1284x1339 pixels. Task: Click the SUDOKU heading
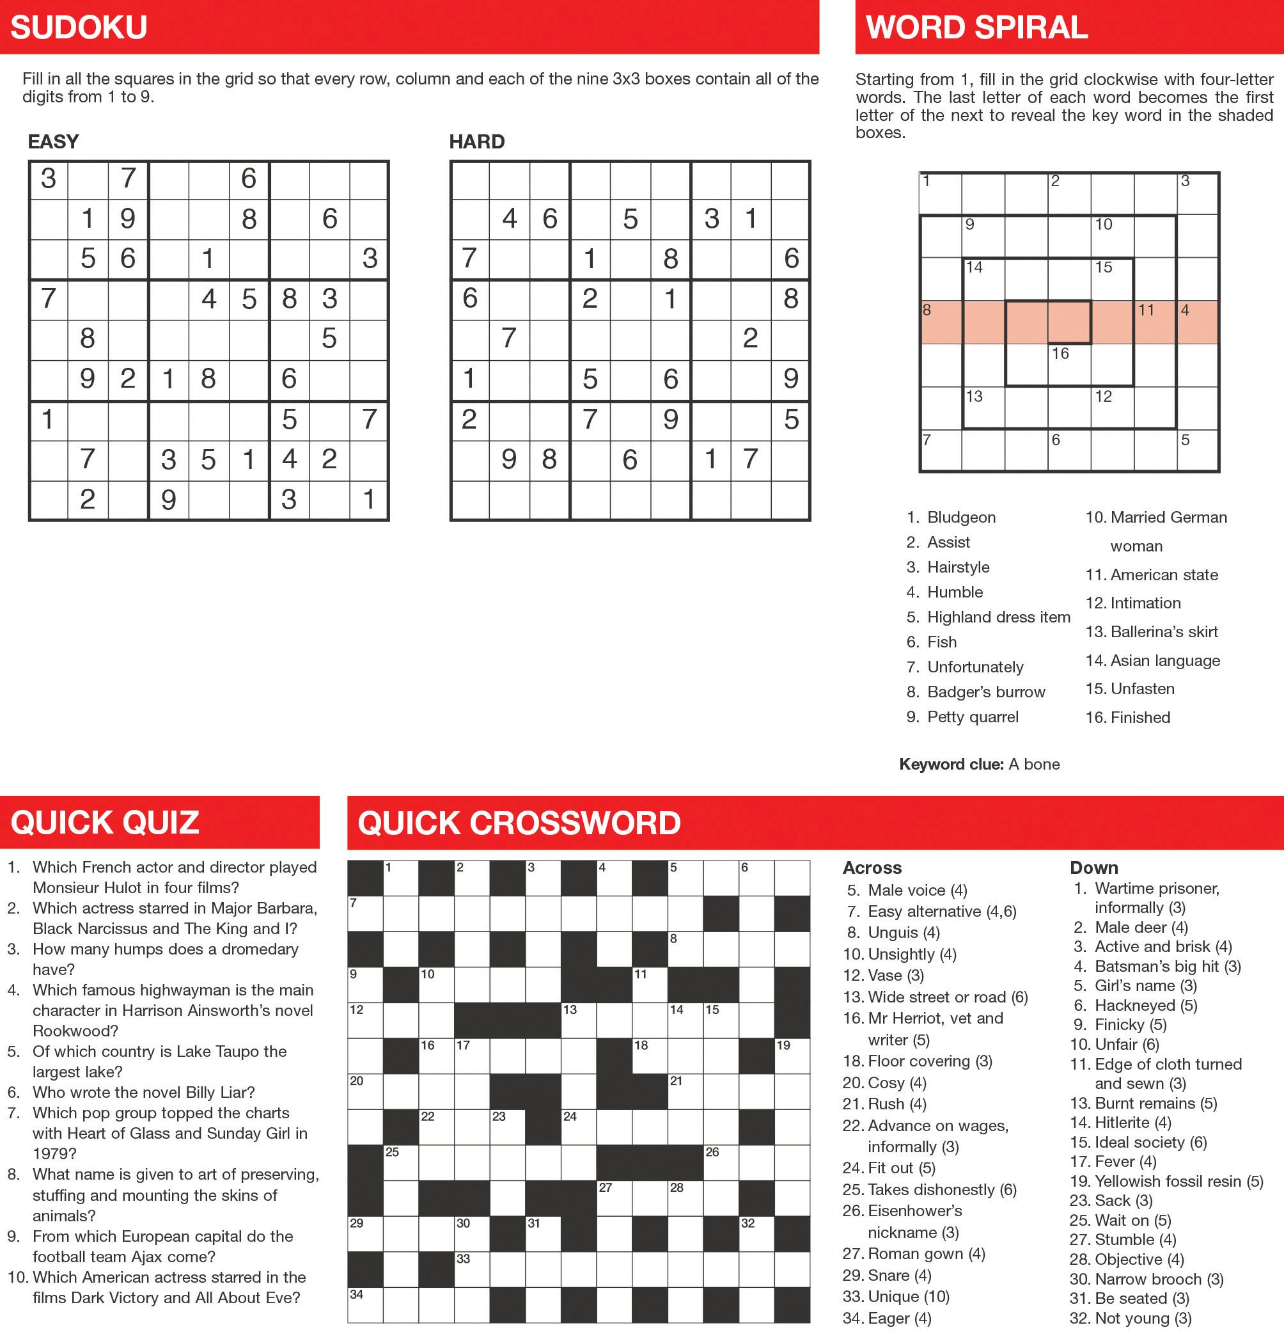79,28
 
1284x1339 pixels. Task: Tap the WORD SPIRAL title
976,28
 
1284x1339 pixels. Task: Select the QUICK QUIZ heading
104,823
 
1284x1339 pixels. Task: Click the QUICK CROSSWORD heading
519,823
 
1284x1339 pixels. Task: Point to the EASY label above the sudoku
53,141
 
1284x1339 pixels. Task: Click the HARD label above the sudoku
477,141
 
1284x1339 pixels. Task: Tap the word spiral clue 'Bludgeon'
961,517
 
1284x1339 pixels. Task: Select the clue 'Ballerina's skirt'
1164,631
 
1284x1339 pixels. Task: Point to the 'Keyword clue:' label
951,764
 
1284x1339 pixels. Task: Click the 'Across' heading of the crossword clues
872,868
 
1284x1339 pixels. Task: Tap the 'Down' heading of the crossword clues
1093,868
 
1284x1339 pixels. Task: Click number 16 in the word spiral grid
1060,354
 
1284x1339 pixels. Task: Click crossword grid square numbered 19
792,1056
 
